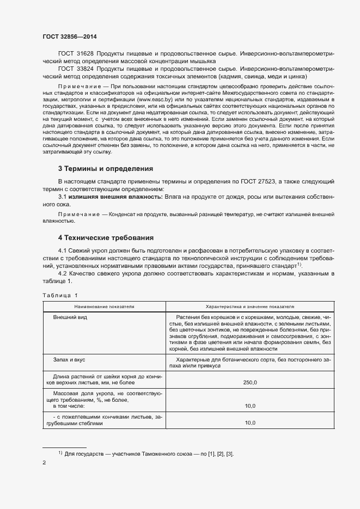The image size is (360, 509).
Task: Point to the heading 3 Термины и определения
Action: tap(106, 169)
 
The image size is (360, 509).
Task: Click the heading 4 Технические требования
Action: tap(106, 238)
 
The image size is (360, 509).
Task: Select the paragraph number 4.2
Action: tap(63, 273)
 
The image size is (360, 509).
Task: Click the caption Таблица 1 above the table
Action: tap(60, 295)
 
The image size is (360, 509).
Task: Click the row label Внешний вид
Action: tap(70, 317)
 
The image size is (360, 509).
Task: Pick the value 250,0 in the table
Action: tap(250, 383)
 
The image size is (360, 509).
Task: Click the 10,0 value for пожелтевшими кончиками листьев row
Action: tap(250, 422)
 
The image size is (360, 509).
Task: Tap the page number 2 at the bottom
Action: tap(44, 463)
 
